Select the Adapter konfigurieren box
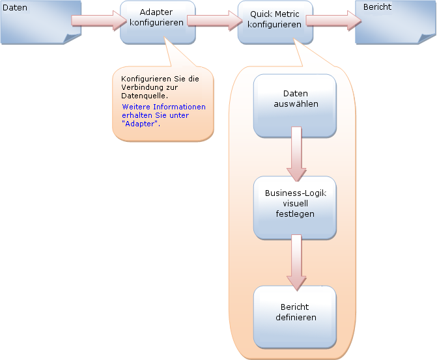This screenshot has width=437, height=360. [157, 22]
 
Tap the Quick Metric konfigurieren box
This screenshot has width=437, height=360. [275, 22]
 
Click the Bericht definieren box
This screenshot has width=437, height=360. [294, 316]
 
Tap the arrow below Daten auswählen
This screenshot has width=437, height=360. [296, 154]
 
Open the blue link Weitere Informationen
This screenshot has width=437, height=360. [163, 107]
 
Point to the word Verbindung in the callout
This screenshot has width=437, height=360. [143, 87]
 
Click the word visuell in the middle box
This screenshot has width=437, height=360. [295, 203]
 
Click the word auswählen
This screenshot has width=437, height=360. [295, 104]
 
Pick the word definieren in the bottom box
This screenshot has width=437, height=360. [295, 317]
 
